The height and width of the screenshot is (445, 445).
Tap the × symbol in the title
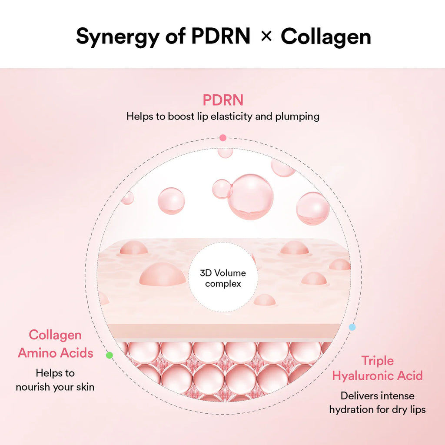click(266, 37)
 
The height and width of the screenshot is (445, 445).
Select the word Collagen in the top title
click(325, 37)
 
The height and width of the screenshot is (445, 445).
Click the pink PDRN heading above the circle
click(223, 100)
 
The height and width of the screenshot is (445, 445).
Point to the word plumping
click(298, 116)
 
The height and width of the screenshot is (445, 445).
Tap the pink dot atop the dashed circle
click(223, 138)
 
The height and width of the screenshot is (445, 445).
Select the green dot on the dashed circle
click(110, 355)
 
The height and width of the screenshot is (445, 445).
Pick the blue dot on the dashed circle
click(352, 327)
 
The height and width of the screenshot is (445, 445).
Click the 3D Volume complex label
click(222, 278)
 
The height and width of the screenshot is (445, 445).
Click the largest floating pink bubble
click(250, 196)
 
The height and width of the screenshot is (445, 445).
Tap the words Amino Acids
click(56, 352)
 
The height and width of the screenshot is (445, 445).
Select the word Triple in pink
click(377, 361)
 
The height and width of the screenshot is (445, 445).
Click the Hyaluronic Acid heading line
click(377, 375)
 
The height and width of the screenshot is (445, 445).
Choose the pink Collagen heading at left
click(55, 335)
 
